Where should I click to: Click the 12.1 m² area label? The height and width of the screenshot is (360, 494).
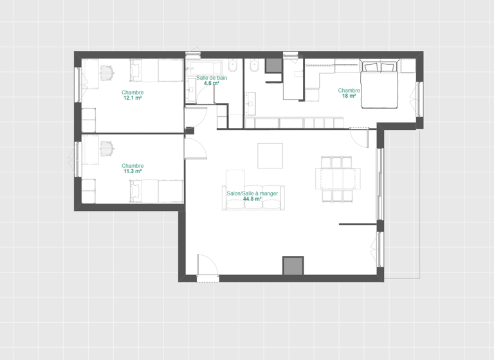[x=133, y=98]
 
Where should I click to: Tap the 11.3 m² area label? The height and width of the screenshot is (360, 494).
[x=133, y=172]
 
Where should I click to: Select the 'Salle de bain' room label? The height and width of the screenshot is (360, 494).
[x=212, y=77]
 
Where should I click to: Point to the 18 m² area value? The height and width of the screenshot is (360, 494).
[x=349, y=96]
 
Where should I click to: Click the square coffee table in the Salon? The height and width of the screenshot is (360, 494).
[x=270, y=156]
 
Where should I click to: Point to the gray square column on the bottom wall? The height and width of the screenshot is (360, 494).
[x=293, y=265]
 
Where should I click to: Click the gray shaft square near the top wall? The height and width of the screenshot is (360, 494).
[x=273, y=66]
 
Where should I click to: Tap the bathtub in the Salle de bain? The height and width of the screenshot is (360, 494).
[x=205, y=66]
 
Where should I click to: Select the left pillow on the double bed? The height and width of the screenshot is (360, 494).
[x=371, y=67]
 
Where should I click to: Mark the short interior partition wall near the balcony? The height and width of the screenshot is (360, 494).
[x=358, y=224]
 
